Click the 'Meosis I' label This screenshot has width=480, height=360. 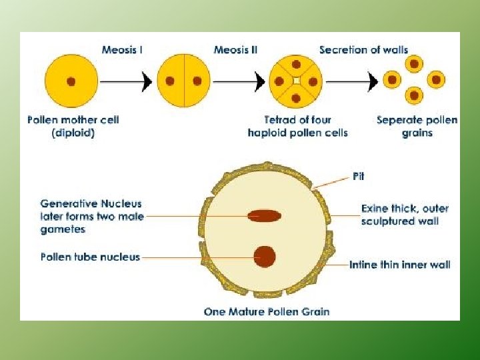coord(122,49)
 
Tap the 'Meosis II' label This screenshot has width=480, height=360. coord(236,49)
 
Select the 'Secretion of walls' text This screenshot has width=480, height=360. coord(363,49)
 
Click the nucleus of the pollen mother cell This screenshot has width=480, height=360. coord(71,81)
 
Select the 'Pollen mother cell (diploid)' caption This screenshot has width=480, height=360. coord(73,126)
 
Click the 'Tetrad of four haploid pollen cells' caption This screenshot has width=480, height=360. coord(297,126)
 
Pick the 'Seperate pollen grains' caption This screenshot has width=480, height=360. coord(417,126)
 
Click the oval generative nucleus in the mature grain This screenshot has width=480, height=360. coord(264,215)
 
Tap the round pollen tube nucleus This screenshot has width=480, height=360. coord(265,257)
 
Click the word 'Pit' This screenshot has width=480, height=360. coord(358,177)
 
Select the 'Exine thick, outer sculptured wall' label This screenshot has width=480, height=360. coord(405,215)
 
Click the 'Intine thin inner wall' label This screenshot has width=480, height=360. coord(400,265)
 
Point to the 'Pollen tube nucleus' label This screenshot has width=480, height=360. coord(90,257)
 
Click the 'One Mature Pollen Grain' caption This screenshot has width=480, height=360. coord(267,311)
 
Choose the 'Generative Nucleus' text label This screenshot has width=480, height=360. coord(91,203)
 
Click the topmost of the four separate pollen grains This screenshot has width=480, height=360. coord(414,65)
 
